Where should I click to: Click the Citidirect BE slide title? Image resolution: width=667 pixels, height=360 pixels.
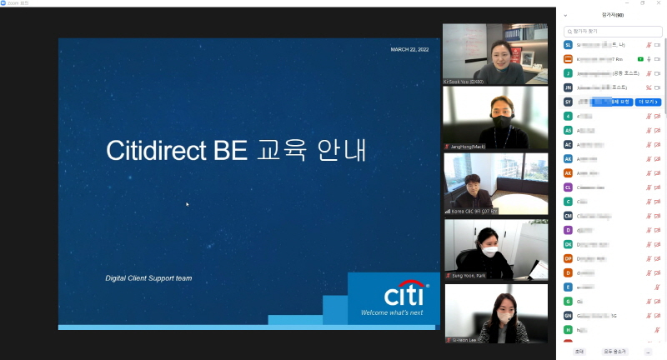pyautogui.click(x=237, y=150)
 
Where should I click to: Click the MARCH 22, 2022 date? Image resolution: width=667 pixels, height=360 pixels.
pyautogui.click(x=409, y=50)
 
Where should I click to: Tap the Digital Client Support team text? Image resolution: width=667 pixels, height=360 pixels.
pyautogui.click(x=148, y=277)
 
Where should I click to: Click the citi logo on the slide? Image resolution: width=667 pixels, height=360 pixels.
pyautogui.click(x=406, y=296)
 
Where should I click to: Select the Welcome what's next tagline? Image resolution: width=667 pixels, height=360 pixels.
pyautogui.click(x=392, y=313)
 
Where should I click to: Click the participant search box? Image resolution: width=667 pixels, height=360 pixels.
pyautogui.click(x=612, y=31)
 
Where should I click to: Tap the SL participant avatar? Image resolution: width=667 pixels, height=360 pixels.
pyautogui.click(x=568, y=45)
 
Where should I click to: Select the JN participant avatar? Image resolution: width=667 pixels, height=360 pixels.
pyautogui.click(x=568, y=87)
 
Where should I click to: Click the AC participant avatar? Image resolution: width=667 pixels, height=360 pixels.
pyautogui.click(x=568, y=144)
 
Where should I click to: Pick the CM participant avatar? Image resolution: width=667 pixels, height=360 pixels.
pyautogui.click(x=568, y=216)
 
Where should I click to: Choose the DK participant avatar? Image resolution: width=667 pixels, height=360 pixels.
pyautogui.click(x=568, y=244)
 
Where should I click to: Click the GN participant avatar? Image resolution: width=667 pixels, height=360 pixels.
pyautogui.click(x=568, y=316)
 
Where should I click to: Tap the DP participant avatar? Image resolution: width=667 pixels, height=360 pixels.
pyautogui.click(x=568, y=258)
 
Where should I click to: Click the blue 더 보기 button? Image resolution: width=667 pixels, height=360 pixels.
pyautogui.click(x=648, y=102)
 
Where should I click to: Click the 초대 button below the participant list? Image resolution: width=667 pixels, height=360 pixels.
pyautogui.click(x=579, y=352)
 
